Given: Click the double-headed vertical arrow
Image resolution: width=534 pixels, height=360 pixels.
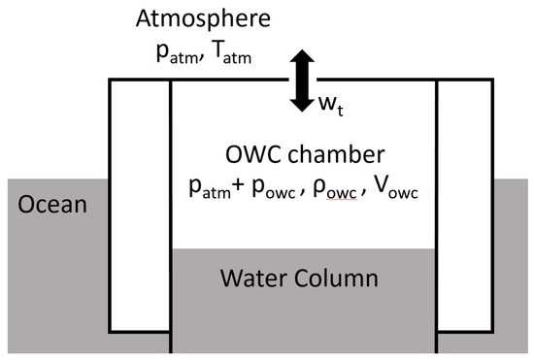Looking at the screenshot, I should point(304,82).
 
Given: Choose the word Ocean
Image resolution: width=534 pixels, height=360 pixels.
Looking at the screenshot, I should point(48,206).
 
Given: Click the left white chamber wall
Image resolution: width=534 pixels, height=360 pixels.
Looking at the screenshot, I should point(140,204).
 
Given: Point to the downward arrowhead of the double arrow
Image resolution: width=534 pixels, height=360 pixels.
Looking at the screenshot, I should point(304,105).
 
